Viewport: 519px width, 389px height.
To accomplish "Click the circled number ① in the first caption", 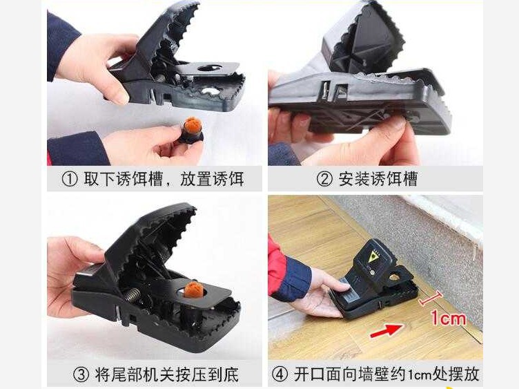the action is point(70,179).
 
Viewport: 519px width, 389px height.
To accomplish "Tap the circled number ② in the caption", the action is point(324,179).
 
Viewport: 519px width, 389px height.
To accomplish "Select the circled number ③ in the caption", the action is point(81,374).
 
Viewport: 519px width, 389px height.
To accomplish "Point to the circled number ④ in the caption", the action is point(280,374).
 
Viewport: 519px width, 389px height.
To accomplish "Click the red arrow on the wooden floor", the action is point(386,330).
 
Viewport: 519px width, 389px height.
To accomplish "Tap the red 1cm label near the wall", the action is point(448,318).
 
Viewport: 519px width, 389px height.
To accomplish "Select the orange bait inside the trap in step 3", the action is point(193,290).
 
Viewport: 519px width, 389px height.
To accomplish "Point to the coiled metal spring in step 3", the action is point(133,294).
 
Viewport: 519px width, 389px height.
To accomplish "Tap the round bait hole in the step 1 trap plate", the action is point(210,68).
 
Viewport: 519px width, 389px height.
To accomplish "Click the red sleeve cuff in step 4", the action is point(276,265).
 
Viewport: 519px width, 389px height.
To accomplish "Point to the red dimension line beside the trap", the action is point(430,298).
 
